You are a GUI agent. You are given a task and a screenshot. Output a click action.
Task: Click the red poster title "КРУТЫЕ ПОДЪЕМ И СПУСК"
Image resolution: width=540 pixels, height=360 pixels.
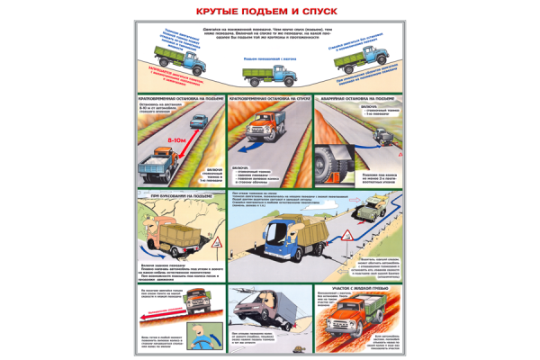pos(270,13)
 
